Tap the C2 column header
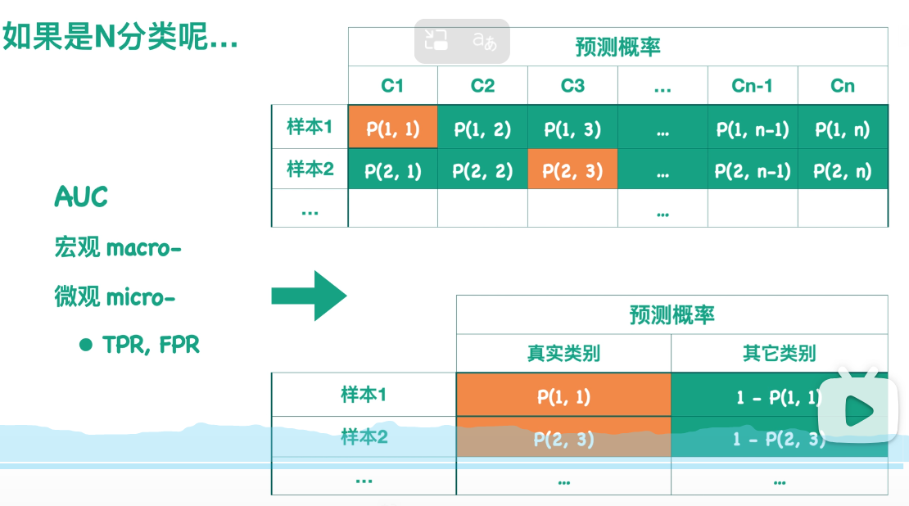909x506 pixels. [482, 86]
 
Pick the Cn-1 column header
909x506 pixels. [752, 86]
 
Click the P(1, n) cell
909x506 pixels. [842, 129]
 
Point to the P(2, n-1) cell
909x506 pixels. [752, 171]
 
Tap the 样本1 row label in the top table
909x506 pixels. [310, 127]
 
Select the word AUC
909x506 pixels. [81, 197]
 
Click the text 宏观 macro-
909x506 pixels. [117, 247]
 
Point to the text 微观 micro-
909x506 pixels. [115, 297]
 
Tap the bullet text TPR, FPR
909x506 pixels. [151, 345]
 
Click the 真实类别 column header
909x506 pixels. [563, 354]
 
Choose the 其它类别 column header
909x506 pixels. [779, 354]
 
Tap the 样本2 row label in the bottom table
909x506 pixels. [364, 437]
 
